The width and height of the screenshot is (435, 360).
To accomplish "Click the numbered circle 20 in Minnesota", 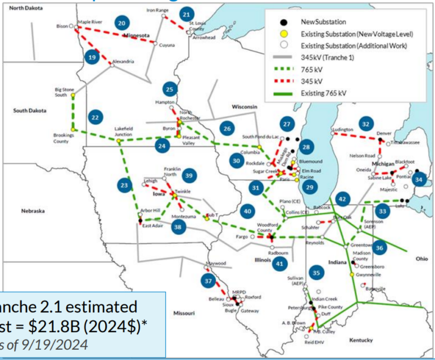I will coord(122,23).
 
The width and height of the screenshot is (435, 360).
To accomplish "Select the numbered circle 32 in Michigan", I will coord(366,124).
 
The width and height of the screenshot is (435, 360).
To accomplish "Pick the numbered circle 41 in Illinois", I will coord(279,262).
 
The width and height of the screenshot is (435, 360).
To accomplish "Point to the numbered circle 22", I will coord(96,117).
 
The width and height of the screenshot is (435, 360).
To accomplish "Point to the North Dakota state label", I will coord(25,9).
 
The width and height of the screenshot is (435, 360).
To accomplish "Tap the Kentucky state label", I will coord(361,340).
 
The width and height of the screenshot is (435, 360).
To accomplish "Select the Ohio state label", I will coord(422,259).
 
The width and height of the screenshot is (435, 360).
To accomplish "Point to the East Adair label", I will coord(152,226).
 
